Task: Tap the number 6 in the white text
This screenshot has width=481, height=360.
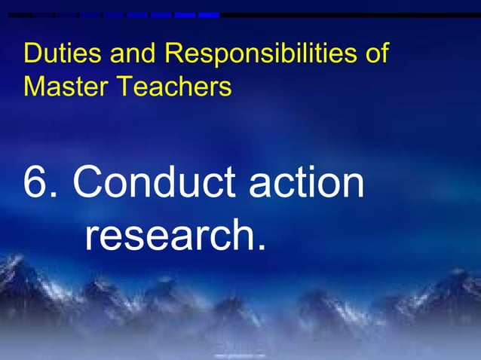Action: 38,183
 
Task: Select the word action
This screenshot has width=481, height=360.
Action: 307,183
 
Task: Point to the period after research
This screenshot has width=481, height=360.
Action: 261,249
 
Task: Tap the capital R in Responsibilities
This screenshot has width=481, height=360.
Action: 173,54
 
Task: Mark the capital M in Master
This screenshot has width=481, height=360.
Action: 33,88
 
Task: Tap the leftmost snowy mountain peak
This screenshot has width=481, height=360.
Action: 17,264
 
